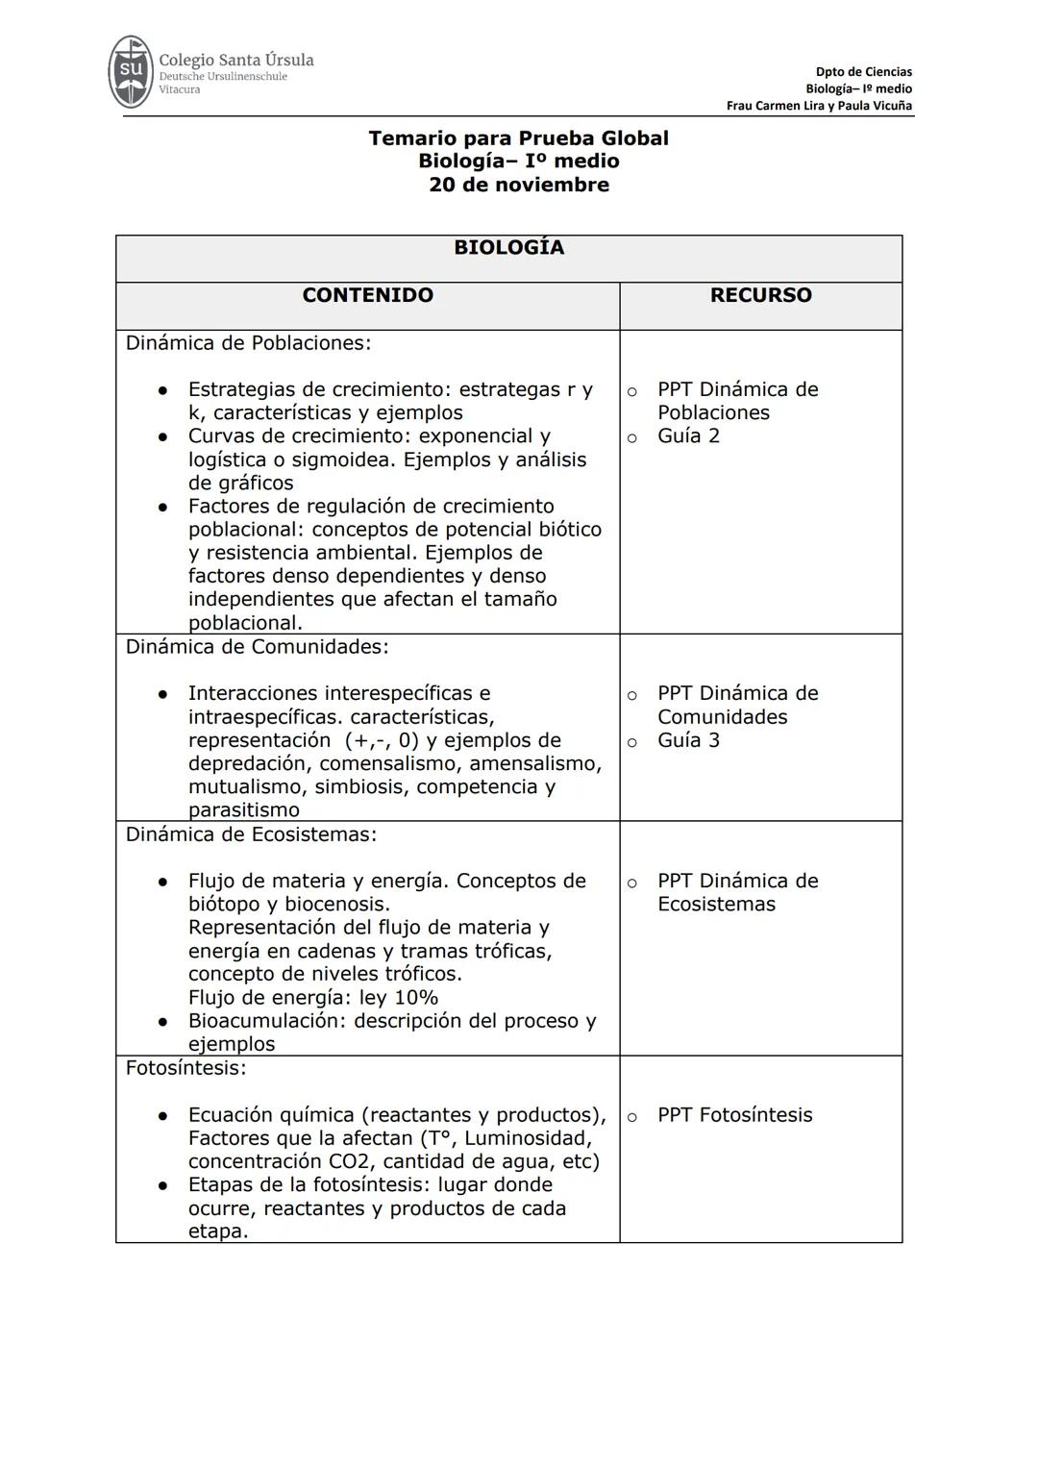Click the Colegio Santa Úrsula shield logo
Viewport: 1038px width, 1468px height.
point(131,72)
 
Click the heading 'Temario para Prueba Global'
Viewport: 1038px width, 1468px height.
point(518,138)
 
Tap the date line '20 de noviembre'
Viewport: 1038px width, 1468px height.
point(518,185)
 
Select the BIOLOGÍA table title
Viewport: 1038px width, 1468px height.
point(508,248)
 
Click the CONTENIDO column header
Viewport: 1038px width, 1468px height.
point(367,296)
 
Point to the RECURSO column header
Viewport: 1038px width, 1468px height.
point(760,296)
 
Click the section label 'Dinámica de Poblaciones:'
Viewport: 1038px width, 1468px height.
point(248,343)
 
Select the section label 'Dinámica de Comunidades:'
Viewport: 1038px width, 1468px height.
point(257,647)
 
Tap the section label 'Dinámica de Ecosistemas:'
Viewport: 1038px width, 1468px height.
point(251,834)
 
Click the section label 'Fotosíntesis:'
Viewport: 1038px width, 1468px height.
point(185,1068)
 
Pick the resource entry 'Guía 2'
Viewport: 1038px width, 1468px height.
point(688,436)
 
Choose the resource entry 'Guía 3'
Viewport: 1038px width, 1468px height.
point(688,740)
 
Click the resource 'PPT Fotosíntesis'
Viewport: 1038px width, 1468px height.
point(734,1115)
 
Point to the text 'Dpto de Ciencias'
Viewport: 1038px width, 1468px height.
point(863,72)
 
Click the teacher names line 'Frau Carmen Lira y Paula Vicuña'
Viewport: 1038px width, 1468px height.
point(819,106)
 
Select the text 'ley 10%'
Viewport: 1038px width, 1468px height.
point(399,998)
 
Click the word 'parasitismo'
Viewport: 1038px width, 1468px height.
point(243,810)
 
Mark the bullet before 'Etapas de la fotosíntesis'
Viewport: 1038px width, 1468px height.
point(163,1186)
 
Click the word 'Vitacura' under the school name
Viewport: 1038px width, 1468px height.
point(180,89)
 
